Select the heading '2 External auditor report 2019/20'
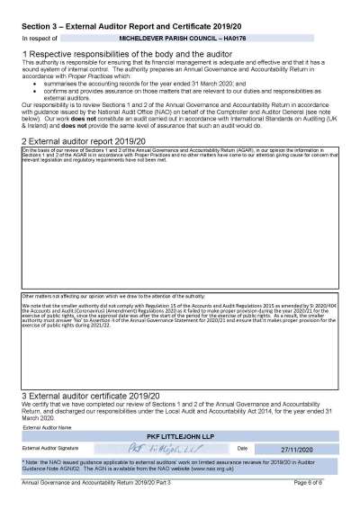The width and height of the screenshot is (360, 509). tap(82, 141)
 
